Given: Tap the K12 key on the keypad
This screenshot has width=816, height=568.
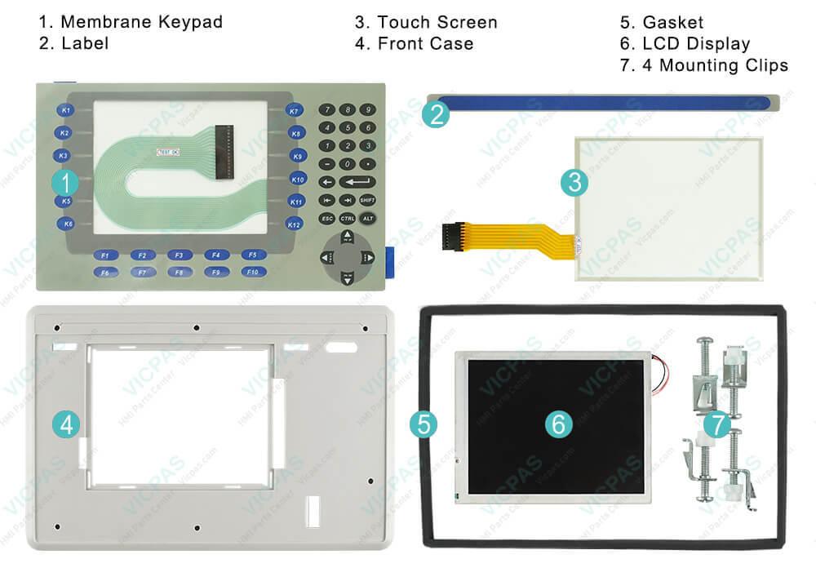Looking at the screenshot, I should (x=295, y=224).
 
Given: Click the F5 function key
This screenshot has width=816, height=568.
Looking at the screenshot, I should (x=253, y=255).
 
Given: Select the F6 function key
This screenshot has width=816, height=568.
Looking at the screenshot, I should (x=104, y=273).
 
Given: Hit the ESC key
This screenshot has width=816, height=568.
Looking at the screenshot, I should (x=326, y=219).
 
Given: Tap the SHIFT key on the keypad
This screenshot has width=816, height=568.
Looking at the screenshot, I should (x=367, y=200).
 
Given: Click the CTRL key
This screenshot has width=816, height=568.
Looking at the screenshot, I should (x=347, y=219).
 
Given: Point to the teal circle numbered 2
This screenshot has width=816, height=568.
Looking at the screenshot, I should (x=436, y=114).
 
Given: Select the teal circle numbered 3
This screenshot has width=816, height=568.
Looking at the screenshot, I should (x=574, y=183).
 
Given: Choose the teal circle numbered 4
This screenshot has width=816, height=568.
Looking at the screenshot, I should (x=66, y=424).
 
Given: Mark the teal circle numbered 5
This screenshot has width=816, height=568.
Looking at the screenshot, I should (x=424, y=423).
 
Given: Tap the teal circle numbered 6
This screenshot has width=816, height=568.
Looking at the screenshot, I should (x=559, y=423).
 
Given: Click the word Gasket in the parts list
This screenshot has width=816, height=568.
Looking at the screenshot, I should (x=673, y=22).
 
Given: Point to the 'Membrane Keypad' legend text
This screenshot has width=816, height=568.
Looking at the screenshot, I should (x=141, y=22).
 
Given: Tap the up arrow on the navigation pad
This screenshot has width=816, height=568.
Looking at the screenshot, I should (x=347, y=237).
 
